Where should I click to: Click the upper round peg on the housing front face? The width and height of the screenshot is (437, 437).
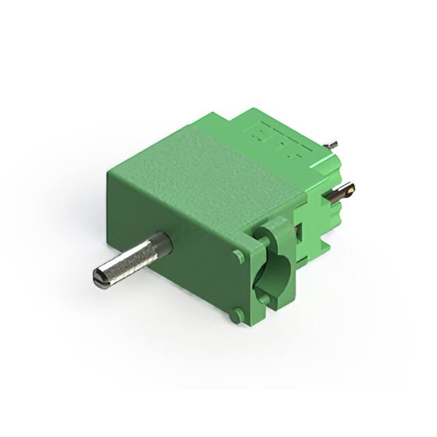click(238, 256)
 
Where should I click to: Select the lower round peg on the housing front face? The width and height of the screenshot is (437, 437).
click(236, 315)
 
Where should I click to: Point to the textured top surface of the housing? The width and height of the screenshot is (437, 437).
click(198, 164)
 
